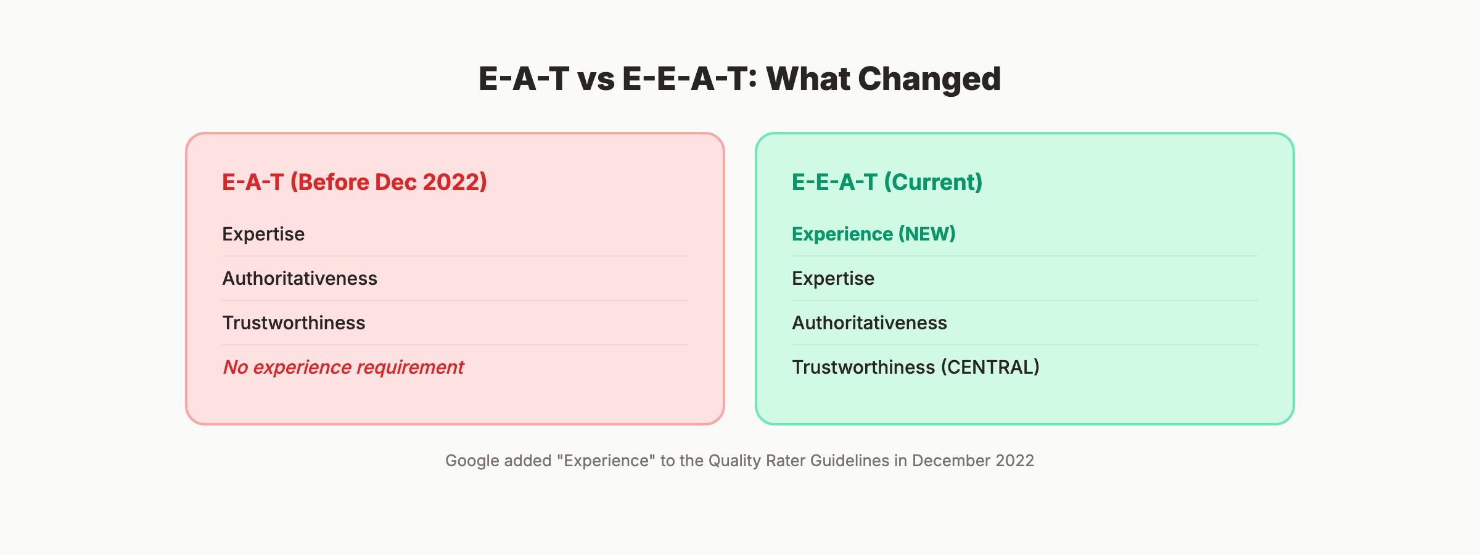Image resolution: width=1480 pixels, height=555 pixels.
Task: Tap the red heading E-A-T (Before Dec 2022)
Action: (355, 182)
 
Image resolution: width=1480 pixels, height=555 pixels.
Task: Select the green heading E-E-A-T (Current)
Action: (887, 182)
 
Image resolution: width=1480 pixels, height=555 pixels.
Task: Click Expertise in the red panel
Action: (263, 234)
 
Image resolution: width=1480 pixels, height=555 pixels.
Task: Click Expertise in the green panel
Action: (832, 279)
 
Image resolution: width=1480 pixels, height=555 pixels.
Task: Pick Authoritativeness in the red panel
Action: (300, 279)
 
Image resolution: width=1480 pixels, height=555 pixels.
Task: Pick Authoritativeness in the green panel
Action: (869, 323)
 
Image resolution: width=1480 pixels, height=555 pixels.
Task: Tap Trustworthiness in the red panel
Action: (294, 323)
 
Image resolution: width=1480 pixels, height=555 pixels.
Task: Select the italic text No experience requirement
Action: (343, 368)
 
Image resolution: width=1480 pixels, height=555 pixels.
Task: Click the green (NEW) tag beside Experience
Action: (927, 234)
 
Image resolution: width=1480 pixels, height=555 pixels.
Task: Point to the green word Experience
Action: (842, 234)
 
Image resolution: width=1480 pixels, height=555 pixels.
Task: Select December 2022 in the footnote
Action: (972, 461)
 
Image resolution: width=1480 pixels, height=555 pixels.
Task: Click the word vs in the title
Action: (596, 80)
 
